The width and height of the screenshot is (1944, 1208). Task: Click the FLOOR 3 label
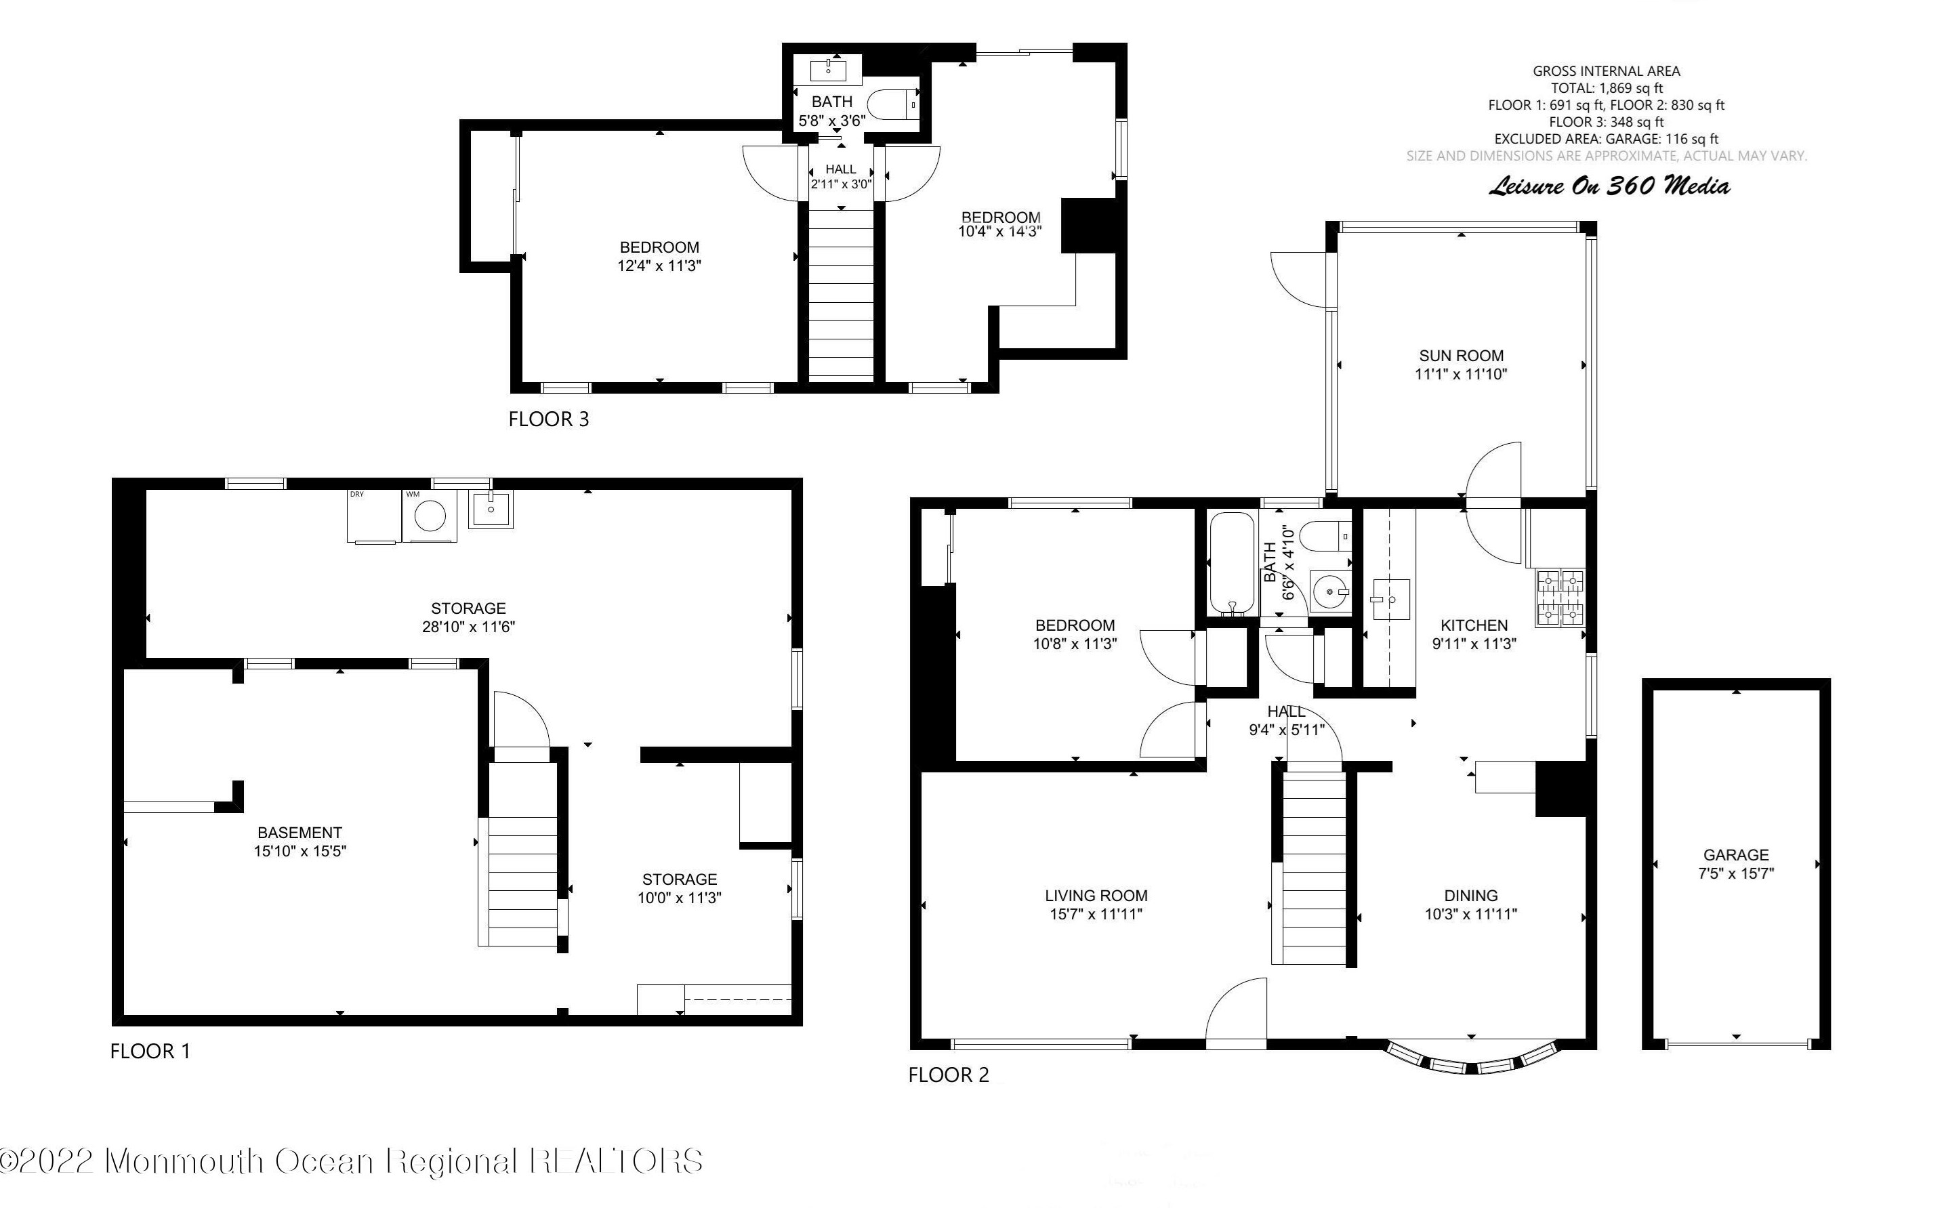[x=548, y=419]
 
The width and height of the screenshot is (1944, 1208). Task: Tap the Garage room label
[x=1735, y=854]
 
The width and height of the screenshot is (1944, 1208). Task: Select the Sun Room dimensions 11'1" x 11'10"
[x=1461, y=374]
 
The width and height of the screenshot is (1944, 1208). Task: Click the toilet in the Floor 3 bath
[x=893, y=104]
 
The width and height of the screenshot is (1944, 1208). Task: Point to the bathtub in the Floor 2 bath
[x=1231, y=564]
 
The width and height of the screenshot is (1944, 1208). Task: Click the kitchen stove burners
[x=1559, y=598]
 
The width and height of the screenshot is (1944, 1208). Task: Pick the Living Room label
[x=1096, y=896]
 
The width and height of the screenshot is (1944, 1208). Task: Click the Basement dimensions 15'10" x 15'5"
[x=299, y=851]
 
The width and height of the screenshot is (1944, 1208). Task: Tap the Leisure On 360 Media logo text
[x=1609, y=186]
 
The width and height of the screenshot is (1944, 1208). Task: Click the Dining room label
[x=1471, y=896]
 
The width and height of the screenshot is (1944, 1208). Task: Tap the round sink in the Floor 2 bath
[x=1329, y=592]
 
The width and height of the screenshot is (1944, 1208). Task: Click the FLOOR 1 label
[x=150, y=1051]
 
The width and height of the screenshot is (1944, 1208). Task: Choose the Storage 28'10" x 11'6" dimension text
[x=468, y=627]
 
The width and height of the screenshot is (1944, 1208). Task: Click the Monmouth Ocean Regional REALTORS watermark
[x=352, y=1160]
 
